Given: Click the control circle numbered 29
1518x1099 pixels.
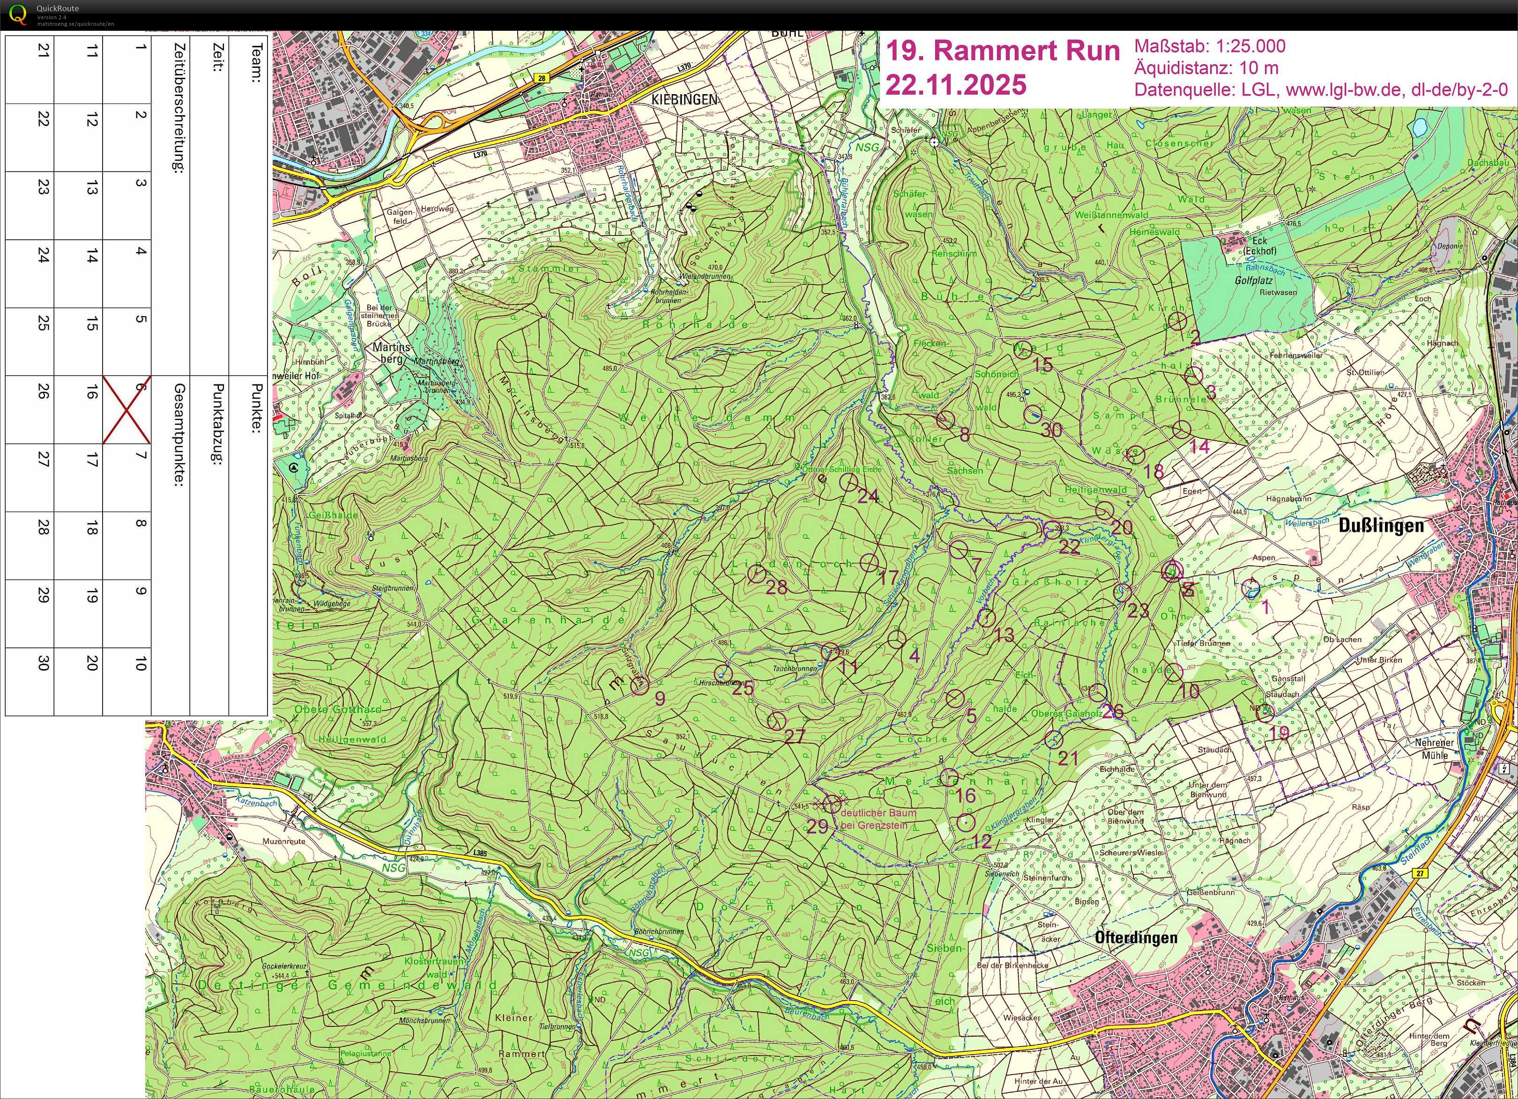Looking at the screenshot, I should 832,804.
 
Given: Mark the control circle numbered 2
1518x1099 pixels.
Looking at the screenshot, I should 1178,322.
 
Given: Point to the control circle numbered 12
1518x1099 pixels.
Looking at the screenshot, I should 965,823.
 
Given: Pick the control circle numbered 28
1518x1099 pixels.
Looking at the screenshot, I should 756,574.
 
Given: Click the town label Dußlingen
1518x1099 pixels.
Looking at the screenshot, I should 1381,526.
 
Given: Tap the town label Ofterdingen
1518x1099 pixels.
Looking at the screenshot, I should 1136,937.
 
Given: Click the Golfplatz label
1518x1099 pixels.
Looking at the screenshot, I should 1253,281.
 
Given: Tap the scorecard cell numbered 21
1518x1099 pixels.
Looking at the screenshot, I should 30,70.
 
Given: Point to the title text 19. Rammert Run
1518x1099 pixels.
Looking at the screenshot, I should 1002,51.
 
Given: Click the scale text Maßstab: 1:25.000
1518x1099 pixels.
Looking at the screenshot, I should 1209,46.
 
